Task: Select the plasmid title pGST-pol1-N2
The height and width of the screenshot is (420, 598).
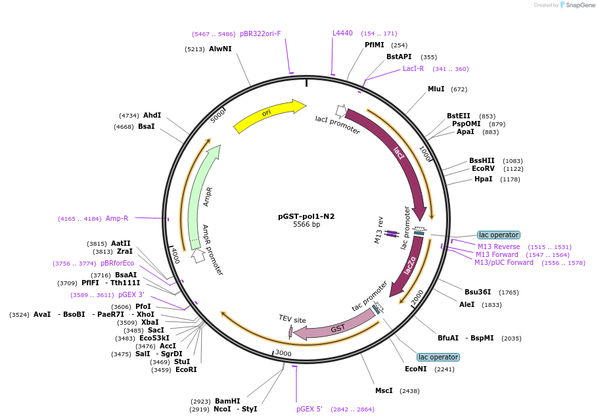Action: (306, 216)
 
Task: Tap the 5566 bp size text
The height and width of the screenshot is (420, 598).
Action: (306, 225)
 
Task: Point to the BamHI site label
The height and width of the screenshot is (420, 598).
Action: (227, 401)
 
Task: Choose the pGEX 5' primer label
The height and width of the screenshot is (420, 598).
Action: (309, 409)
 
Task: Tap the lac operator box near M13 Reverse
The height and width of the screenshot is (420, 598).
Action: (499, 235)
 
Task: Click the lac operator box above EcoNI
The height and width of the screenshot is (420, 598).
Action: (438, 357)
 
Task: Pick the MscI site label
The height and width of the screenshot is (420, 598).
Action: (384, 390)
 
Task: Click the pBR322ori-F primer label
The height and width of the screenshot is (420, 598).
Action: (260, 34)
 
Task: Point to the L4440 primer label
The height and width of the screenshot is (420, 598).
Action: (342, 33)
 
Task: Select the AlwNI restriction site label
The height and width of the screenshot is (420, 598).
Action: (220, 49)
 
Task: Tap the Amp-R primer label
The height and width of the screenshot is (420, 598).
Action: (117, 218)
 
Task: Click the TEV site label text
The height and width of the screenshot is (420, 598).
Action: (292, 319)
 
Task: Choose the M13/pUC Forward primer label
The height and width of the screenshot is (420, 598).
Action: (504, 262)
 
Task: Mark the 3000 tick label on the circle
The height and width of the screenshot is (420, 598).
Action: (283, 354)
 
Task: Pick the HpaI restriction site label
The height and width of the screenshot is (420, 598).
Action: (483, 179)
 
